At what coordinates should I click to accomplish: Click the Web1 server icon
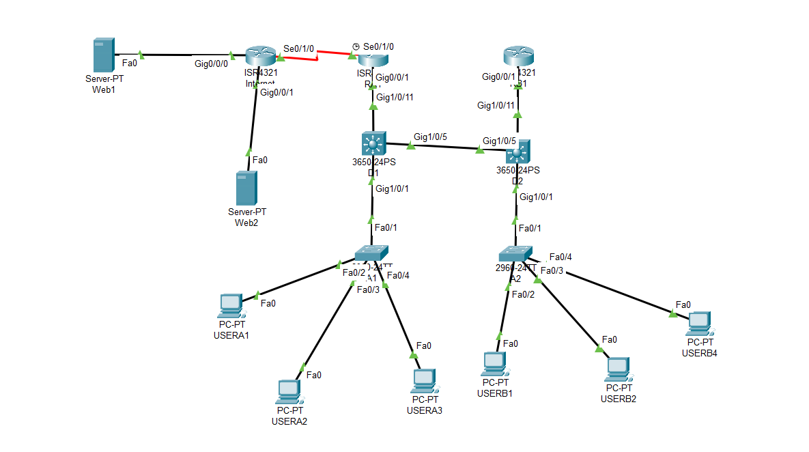102,56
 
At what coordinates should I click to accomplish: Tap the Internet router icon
259,55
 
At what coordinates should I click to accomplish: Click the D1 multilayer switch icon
373,144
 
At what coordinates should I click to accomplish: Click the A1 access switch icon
371,253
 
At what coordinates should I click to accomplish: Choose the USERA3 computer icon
424,380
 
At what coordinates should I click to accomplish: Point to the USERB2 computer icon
617,369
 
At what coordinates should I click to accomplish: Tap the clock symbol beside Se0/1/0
356,46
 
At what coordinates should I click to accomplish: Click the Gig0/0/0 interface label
212,63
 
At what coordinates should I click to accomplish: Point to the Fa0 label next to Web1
130,63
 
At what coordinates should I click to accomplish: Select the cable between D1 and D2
444,146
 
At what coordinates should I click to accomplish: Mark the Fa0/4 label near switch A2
560,257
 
